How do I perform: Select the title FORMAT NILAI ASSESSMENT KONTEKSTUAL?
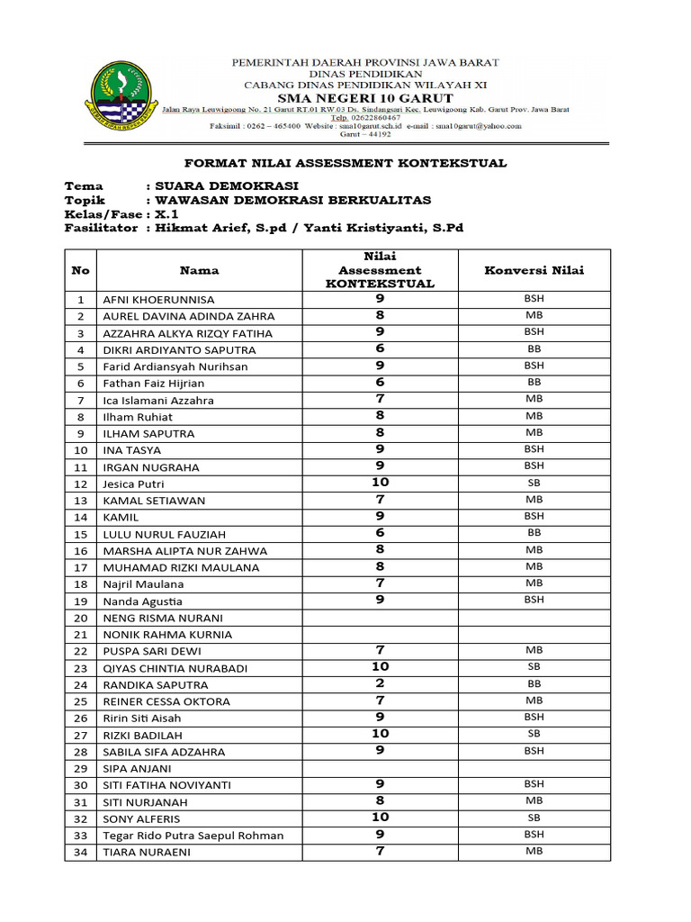[x=345, y=163]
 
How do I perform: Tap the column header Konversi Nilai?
[x=534, y=270]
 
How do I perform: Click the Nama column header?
[x=199, y=270]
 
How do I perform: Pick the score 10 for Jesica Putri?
[x=380, y=483]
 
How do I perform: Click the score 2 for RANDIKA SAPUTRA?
[x=380, y=683]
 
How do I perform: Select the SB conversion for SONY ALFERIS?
[x=534, y=818]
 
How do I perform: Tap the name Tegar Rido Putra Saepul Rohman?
[x=193, y=836]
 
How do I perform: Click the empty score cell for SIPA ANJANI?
[x=380, y=768]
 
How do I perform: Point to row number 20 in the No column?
[x=80, y=618]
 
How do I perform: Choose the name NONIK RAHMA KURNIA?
[x=167, y=635]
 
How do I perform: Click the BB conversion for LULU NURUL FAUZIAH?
[x=534, y=533]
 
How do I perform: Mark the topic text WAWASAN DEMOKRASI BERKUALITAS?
[x=292, y=200]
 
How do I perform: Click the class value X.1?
[x=167, y=214]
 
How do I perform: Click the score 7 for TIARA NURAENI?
[x=380, y=851]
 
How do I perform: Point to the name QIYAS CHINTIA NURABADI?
[x=175, y=668]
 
